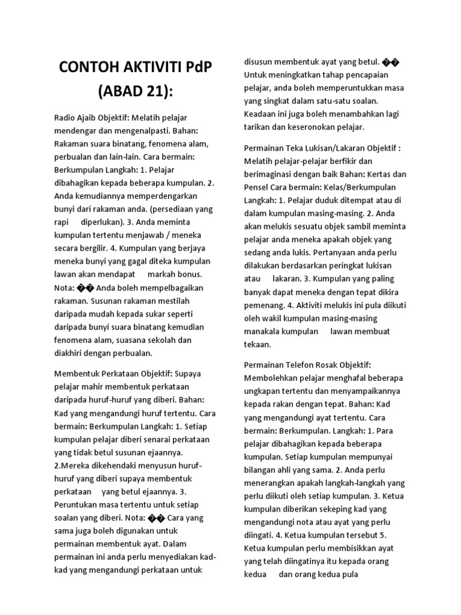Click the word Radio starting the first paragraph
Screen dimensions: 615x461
pyautogui.click(x=66, y=118)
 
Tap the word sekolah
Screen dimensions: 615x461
pyautogui.click(x=160, y=339)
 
